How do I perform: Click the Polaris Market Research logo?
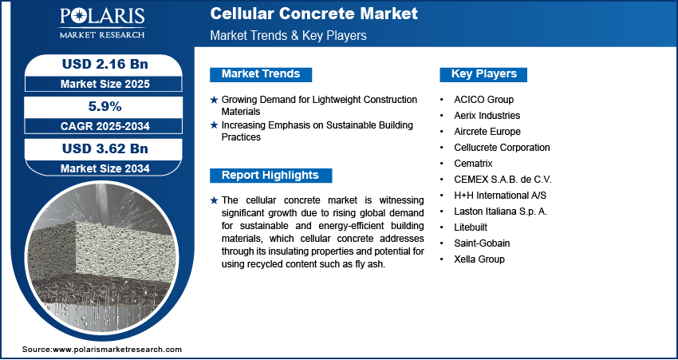point(102,22)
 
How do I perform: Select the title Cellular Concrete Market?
point(314,14)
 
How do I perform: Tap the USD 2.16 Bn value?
point(105,64)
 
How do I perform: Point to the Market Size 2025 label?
point(105,84)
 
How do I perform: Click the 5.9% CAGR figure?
point(105,106)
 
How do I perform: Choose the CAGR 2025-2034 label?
point(105,126)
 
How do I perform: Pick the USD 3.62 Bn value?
point(105,148)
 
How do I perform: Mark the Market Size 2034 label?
point(105,168)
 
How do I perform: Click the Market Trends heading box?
point(261,74)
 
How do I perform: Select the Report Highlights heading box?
point(270,176)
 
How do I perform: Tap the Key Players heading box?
point(483,74)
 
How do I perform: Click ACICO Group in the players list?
point(484,100)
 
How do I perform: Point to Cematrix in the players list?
point(473,164)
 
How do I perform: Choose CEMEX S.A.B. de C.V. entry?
point(503,180)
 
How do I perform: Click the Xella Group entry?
point(479,259)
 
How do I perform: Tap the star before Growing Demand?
point(214,100)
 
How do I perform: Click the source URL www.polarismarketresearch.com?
point(117,350)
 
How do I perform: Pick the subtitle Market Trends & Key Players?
point(289,35)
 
